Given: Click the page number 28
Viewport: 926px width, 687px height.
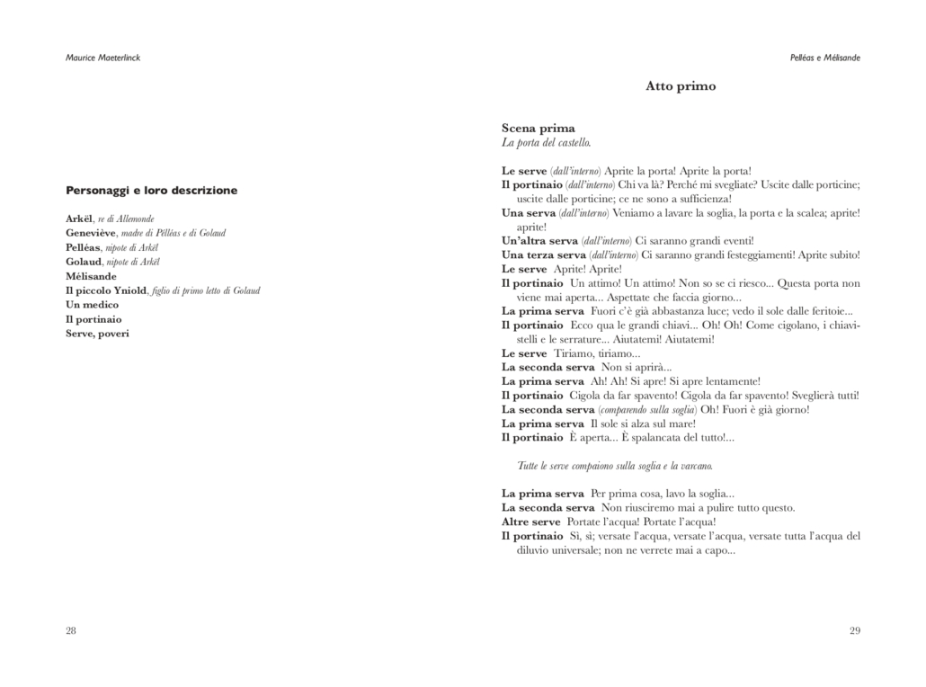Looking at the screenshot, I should [71, 630].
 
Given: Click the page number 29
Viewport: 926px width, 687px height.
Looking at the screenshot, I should [854, 630].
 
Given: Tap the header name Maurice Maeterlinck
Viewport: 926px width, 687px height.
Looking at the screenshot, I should [103, 58].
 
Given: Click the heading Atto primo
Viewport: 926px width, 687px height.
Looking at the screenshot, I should [681, 86].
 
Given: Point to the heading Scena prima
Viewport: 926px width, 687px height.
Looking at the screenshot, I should [538, 129].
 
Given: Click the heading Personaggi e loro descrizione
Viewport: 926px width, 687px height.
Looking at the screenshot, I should [152, 191].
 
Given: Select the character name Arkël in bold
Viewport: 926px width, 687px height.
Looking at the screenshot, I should [79, 219].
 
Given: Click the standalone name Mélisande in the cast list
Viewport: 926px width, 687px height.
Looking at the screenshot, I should [91, 276].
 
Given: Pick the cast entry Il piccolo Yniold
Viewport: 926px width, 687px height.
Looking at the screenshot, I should [106, 290].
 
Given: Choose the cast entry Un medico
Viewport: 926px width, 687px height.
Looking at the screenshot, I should [92, 305].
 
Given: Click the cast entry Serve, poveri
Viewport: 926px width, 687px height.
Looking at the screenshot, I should [97, 334].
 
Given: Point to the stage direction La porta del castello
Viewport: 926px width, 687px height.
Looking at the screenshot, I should [546, 143].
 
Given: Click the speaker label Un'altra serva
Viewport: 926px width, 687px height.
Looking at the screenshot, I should [539, 241].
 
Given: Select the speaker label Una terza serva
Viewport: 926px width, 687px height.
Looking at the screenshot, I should [543, 255].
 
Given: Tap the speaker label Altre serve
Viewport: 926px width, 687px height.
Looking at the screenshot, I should [530, 522].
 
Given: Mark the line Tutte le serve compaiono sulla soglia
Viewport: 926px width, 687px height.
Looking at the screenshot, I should [615, 466].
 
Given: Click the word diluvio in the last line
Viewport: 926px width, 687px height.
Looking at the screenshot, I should [535, 550].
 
